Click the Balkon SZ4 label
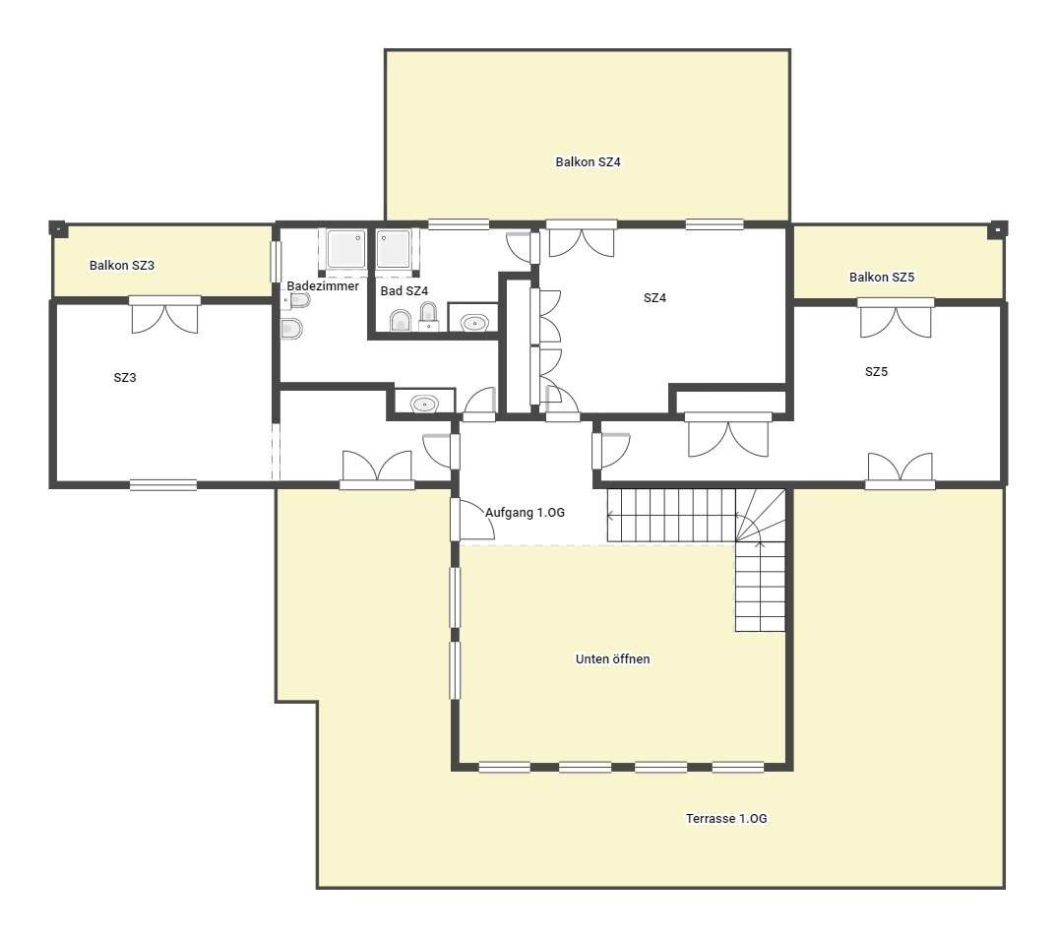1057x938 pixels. [588, 161]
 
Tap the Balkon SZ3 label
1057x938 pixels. [122, 265]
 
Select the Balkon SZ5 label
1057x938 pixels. [882, 278]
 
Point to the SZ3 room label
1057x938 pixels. [125, 378]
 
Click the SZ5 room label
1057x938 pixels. [876, 372]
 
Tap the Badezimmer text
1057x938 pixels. [323, 285]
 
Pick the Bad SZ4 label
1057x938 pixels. [404, 290]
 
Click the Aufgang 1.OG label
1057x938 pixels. [526, 513]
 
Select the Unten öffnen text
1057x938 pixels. [613, 658]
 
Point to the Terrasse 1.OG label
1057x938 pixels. [726, 818]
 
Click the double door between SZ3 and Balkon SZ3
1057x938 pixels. [165, 315]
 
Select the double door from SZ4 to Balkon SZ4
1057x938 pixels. [581, 239]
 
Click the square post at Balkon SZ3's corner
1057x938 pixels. [58, 229]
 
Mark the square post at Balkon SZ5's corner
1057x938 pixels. [997, 229]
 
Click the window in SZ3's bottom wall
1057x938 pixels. [163, 484]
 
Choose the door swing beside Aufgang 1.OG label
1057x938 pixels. [472, 519]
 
